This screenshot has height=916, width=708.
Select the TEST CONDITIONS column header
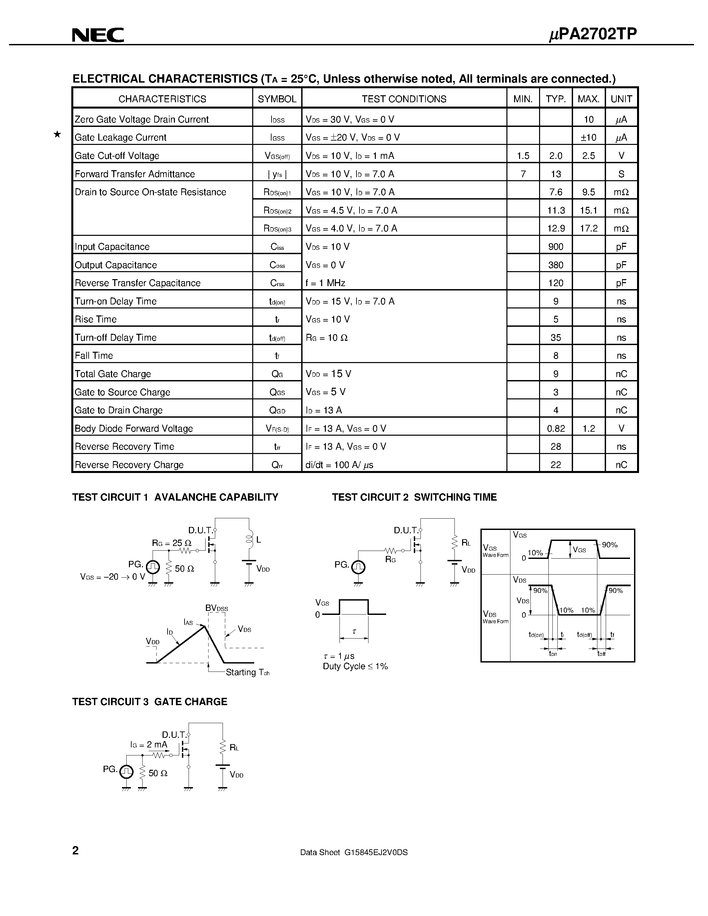pyautogui.click(x=404, y=99)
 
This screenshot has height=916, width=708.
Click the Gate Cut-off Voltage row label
pyautogui.click(x=117, y=156)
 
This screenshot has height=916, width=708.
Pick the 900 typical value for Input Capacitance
pyautogui.click(x=555, y=246)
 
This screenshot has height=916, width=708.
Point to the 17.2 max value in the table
pyautogui.click(x=588, y=229)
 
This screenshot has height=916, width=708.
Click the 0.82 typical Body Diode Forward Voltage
pyautogui.click(x=556, y=429)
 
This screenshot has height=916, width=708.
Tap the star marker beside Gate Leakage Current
pyautogui.click(x=57, y=134)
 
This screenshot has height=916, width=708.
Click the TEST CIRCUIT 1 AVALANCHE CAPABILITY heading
pyautogui.click(x=175, y=497)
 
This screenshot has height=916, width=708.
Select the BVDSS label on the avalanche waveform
pyautogui.click(x=217, y=608)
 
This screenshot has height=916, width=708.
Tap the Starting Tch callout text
pyautogui.click(x=247, y=672)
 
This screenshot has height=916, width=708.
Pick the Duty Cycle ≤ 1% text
pyautogui.click(x=355, y=667)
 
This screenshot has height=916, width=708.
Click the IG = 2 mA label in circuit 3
pyautogui.click(x=149, y=744)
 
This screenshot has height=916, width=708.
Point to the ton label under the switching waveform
pyautogui.click(x=553, y=654)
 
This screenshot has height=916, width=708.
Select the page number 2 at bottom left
pyautogui.click(x=76, y=851)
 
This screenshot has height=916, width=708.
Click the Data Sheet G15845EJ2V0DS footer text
pyautogui.click(x=354, y=852)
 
